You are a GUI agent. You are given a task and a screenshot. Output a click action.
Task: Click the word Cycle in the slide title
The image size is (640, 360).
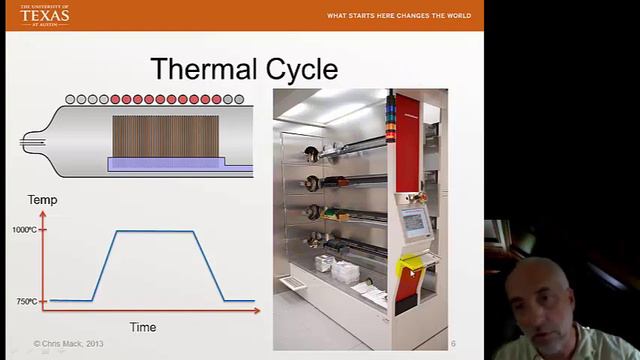point(297,69)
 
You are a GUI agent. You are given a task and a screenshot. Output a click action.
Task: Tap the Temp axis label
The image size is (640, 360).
point(42,200)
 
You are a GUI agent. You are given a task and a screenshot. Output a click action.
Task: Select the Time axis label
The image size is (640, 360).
point(143,327)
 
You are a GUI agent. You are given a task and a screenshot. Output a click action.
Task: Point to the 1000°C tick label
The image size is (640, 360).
point(24,230)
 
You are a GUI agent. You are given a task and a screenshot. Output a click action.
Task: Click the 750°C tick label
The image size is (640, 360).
point(25,301)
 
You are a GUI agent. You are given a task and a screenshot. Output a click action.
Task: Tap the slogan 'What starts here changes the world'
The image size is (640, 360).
point(399,16)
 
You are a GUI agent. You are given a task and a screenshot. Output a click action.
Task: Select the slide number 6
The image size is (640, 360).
point(453,344)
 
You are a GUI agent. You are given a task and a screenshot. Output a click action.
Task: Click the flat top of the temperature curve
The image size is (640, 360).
point(155,231)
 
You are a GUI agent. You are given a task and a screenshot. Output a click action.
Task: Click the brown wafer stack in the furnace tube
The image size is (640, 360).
point(165,135)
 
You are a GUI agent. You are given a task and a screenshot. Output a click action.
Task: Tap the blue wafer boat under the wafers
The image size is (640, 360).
point(165,164)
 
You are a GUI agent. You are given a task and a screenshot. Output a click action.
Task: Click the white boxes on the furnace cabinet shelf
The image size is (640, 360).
point(331,266)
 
